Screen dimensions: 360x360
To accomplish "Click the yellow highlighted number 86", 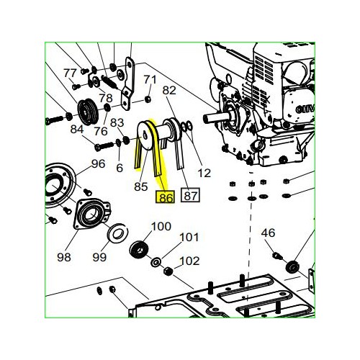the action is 166,197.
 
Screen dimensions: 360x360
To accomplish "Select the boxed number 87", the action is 190,195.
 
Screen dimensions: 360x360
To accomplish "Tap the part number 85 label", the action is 141,186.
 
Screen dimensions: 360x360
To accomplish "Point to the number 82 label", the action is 169,91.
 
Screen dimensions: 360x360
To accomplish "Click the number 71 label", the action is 150,79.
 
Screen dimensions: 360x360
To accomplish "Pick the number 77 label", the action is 70,73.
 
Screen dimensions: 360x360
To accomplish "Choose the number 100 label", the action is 161,226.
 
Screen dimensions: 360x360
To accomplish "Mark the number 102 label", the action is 189,261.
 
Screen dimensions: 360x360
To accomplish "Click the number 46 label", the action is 268,233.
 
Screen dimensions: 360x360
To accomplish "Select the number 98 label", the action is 64,257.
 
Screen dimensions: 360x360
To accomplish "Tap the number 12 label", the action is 204,173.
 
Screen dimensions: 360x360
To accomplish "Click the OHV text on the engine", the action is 305,109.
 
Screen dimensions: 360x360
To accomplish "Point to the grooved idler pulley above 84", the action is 87,112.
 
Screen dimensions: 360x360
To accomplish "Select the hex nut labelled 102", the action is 168,271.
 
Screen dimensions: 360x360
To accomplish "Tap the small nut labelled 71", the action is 148,99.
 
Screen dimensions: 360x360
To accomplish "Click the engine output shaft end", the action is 205,118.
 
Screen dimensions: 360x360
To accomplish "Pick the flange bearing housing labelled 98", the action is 91,214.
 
